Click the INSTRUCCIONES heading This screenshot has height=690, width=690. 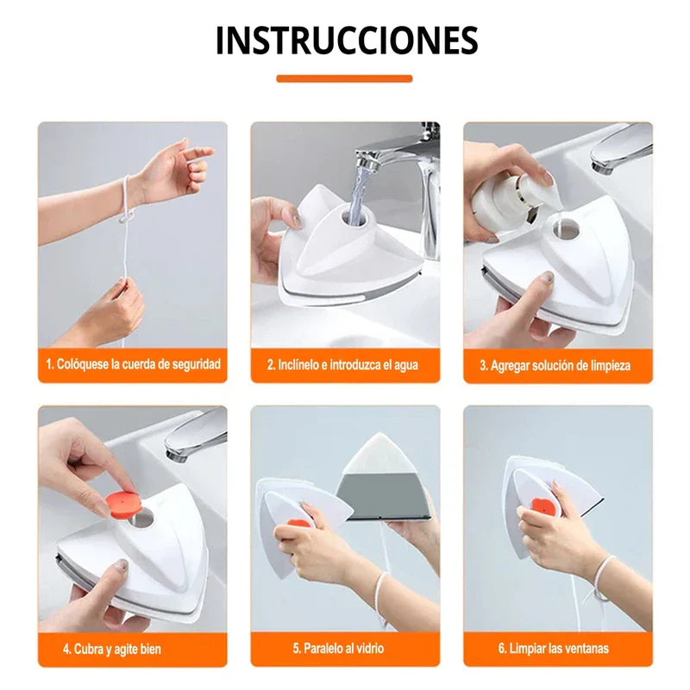click(347, 40)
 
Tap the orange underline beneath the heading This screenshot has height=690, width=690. click(344, 78)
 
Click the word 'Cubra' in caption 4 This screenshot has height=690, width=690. click(89, 649)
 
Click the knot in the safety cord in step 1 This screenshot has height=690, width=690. click(127, 217)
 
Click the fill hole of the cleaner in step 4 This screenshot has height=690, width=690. click(142, 518)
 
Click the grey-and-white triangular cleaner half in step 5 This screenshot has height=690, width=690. click(382, 478)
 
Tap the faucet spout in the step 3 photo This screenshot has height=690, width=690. click(619, 149)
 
